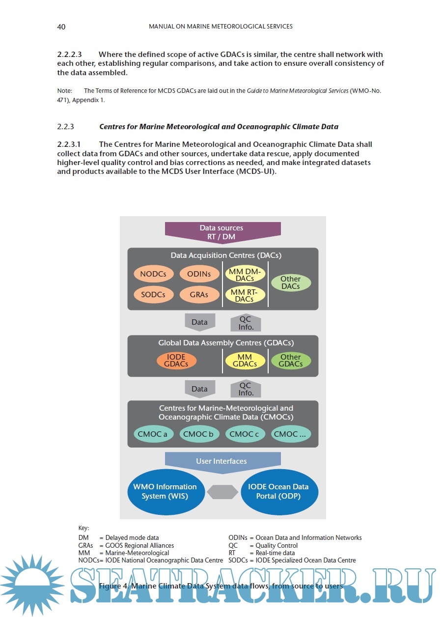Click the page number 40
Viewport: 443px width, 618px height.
(x=61, y=27)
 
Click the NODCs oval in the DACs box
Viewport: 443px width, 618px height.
(x=153, y=274)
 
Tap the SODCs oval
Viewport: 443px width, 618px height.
(x=153, y=295)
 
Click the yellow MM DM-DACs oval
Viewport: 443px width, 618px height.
(x=245, y=274)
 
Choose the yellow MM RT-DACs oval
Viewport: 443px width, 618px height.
(x=245, y=295)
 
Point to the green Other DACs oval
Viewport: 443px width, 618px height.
(x=291, y=282)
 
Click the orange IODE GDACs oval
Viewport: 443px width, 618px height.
(x=176, y=361)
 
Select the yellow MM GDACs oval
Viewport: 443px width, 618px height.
(x=245, y=361)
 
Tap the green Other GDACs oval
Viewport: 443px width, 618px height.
(x=291, y=361)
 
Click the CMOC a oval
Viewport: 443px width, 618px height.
(x=152, y=434)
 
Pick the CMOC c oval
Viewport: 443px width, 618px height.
(x=245, y=434)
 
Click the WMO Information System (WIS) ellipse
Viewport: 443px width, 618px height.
(x=165, y=492)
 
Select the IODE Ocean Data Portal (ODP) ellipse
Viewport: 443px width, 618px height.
(x=279, y=492)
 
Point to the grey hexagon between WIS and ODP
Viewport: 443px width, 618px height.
(x=222, y=492)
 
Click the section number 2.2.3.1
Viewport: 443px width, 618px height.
(x=69, y=144)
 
